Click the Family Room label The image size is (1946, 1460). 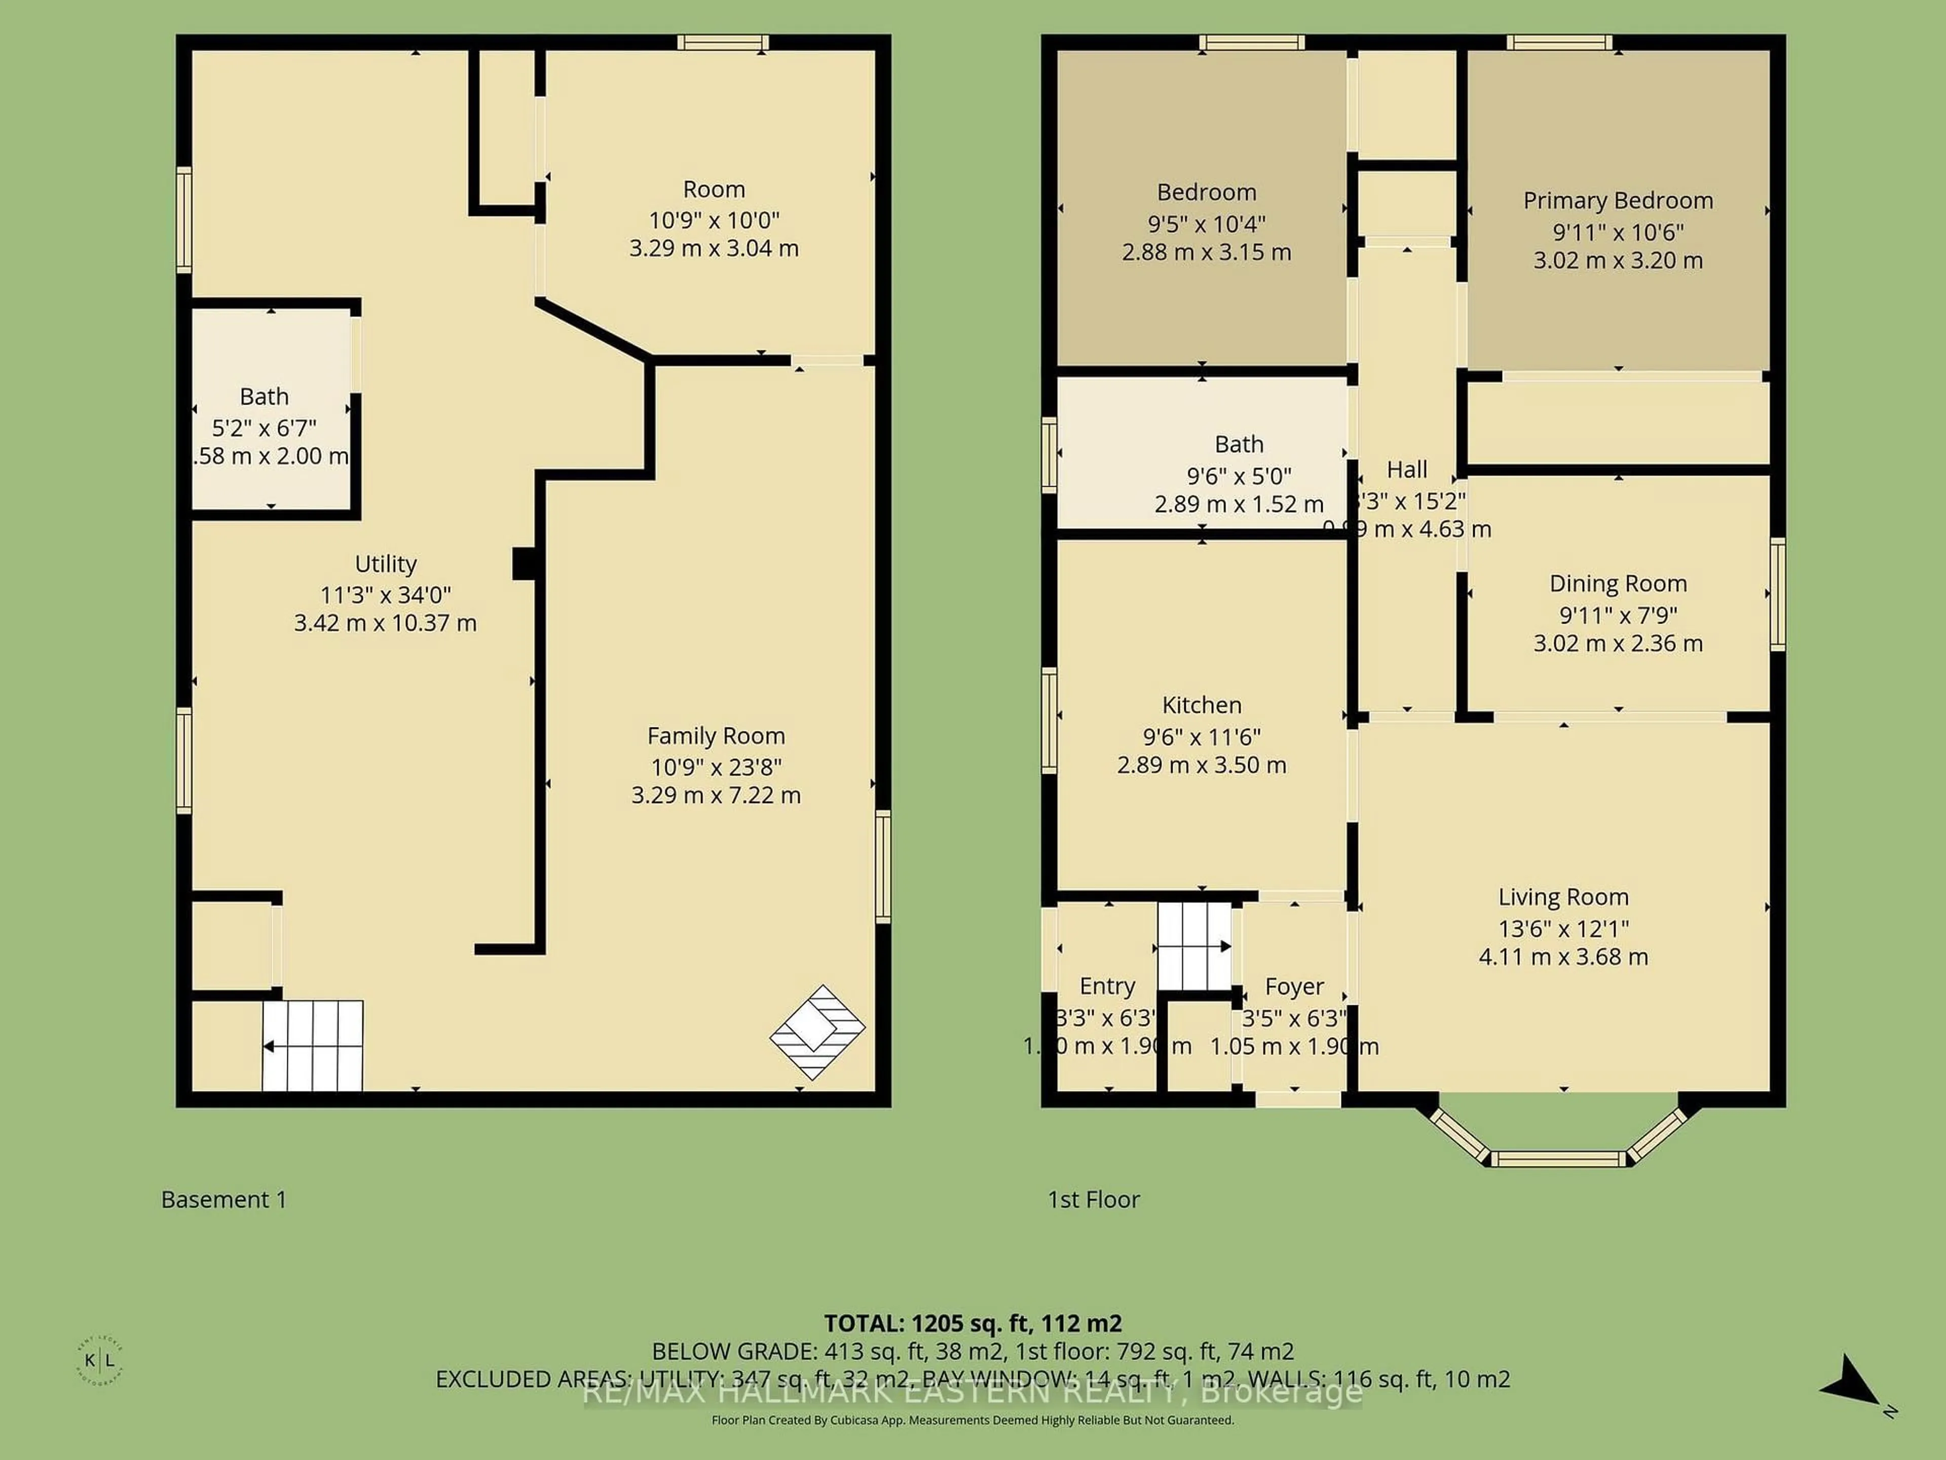tap(715, 736)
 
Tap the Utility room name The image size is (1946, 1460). tap(385, 563)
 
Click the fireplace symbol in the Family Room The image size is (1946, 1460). tap(817, 1032)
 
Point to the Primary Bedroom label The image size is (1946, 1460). tap(1618, 201)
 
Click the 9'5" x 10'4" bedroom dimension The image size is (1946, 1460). tap(1206, 224)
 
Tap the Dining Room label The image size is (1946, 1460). tap(1618, 583)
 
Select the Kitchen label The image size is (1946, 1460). tap(1202, 705)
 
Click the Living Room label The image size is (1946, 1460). tap(1563, 897)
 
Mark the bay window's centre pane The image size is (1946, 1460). tap(1558, 1159)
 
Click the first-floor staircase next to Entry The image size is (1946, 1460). tap(1193, 946)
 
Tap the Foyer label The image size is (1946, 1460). tap(1294, 987)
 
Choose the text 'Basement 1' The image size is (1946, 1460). tap(223, 1199)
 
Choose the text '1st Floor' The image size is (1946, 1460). tap(1094, 1199)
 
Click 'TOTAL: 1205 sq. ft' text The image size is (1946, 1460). tap(972, 1323)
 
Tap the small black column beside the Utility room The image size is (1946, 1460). tap(525, 563)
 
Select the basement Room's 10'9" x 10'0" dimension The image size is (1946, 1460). tap(714, 220)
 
